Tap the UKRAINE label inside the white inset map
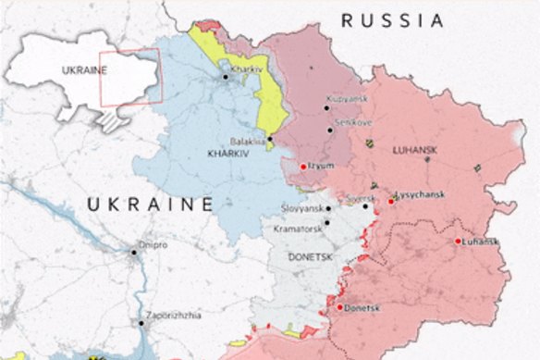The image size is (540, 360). pyautogui.click(x=81, y=69)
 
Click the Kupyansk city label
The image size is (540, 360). pyautogui.click(x=348, y=97)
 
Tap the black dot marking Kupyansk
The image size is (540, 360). pyautogui.click(x=326, y=108)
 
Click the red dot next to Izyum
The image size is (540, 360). pyautogui.click(x=303, y=167)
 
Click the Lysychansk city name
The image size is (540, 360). pyautogui.click(x=422, y=195)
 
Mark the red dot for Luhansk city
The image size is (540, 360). pyautogui.click(x=459, y=242)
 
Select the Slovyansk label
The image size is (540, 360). pyautogui.click(x=302, y=209)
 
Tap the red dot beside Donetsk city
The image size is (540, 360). pyautogui.click(x=339, y=307)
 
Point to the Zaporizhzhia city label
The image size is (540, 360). pyautogui.click(x=172, y=316)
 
